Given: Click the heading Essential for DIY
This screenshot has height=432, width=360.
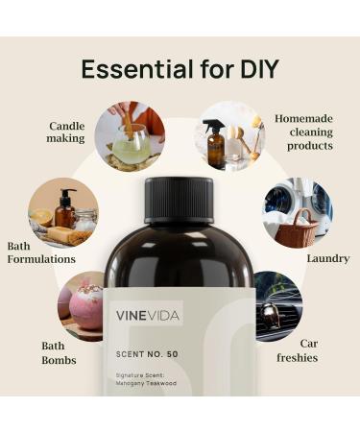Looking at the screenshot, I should click(x=180, y=69).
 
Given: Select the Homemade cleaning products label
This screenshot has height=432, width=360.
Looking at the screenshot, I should click(x=303, y=132).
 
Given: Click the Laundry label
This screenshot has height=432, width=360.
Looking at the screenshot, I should click(x=327, y=258).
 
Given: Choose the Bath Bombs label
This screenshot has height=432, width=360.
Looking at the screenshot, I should click(x=53, y=352).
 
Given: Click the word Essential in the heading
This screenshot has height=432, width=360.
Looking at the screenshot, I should click(x=130, y=69).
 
